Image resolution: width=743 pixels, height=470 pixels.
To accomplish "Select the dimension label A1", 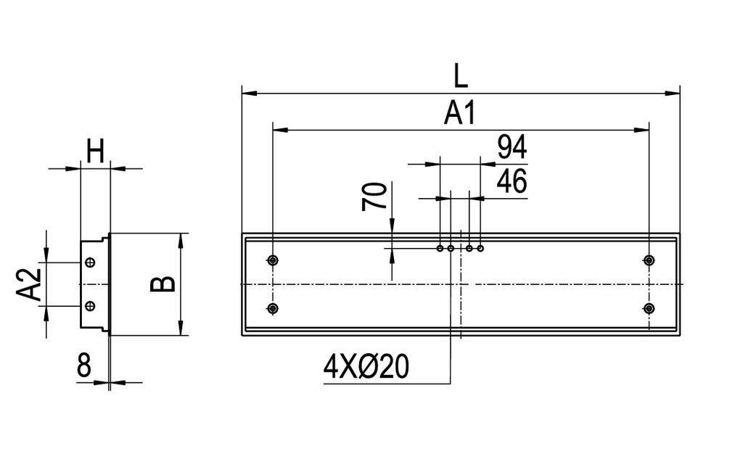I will pyautogui.click(x=459, y=113).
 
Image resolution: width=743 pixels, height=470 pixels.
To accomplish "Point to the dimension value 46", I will pyautogui.click(x=512, y=182).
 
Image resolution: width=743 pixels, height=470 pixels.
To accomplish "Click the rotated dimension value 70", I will pyautogui.click(x=374, y=197).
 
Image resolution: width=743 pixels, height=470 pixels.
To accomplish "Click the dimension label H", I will pyautogui.click(x=95, y=152).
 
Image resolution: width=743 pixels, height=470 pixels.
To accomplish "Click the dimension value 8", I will pyautogui.click(x=84, y=366).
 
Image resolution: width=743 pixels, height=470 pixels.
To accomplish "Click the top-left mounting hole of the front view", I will pyautogui.click(x=272, y=260).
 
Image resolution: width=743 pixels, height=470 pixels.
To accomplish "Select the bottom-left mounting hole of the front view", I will pyautogui.click(x=272, y=309).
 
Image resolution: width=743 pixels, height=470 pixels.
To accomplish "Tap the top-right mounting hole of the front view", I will pyautogui.click(x=649, y=260).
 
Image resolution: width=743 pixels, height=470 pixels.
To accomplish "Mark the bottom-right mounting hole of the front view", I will pyautogui.click(x=649, y=309).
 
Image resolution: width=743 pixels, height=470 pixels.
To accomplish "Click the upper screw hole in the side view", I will pyautogui.click(x=90, y=263).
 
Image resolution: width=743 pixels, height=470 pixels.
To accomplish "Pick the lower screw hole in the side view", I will pyautogui.click(x=90, y=305).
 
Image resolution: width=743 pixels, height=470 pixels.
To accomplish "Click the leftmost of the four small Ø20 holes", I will pyautogui.click(x=440, y=249).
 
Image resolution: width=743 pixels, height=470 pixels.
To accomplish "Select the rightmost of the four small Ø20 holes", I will pyautogui.click(x=480, y=249).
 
